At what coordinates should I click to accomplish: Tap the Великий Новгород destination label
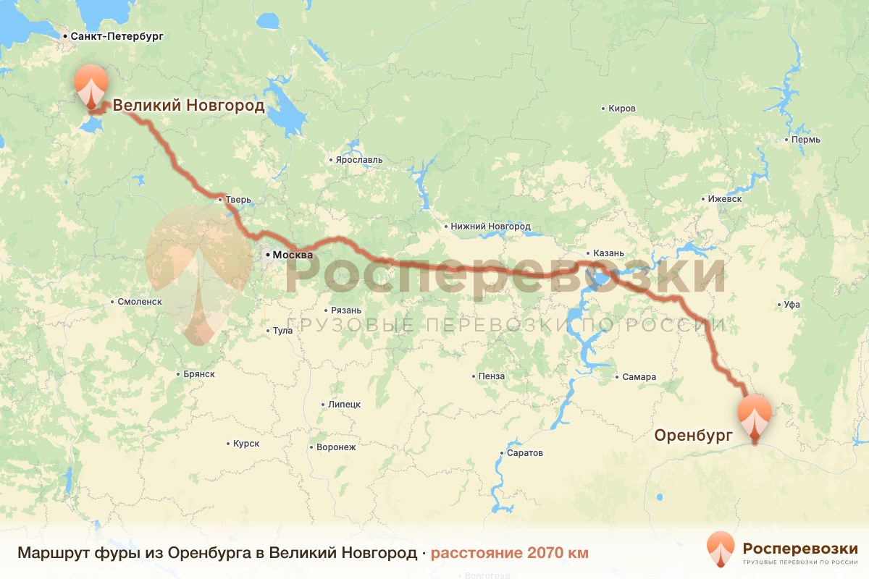pos(188,106)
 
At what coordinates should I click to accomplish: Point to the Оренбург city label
pos(693,435)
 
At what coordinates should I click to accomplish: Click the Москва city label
pos(292,255)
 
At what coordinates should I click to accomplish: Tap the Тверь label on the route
pos(238,200)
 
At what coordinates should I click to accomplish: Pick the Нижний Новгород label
pos(490,227)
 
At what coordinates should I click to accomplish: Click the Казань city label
pos(608,253)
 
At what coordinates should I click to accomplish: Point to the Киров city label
pos(622,109)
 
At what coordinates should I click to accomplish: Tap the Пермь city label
pos(805,139)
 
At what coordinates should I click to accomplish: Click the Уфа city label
pos(792,305)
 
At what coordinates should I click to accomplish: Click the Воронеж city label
pos(336,447)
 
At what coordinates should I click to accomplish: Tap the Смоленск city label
pos(139,302)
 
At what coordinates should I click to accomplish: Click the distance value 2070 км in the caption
pos(558,553)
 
